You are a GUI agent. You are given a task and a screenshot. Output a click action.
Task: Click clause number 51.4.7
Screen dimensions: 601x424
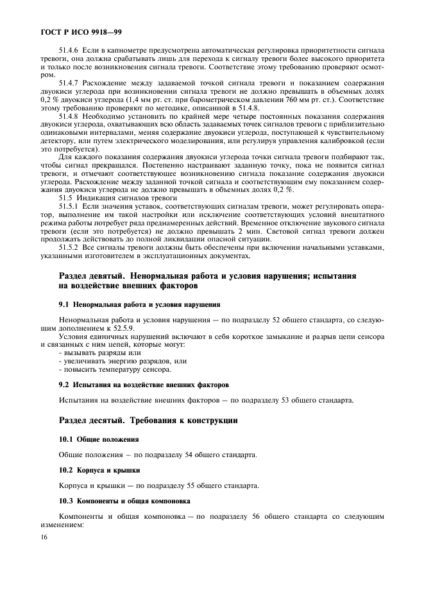(x=69, y=83)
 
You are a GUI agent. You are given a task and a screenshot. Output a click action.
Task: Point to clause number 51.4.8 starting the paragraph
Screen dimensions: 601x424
(x=69, y=117)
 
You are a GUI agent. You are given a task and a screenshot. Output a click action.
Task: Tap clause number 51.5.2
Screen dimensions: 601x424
(x=69, y=247)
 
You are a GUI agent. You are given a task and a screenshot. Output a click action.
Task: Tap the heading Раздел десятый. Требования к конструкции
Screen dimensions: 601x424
(x=148, y=421)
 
